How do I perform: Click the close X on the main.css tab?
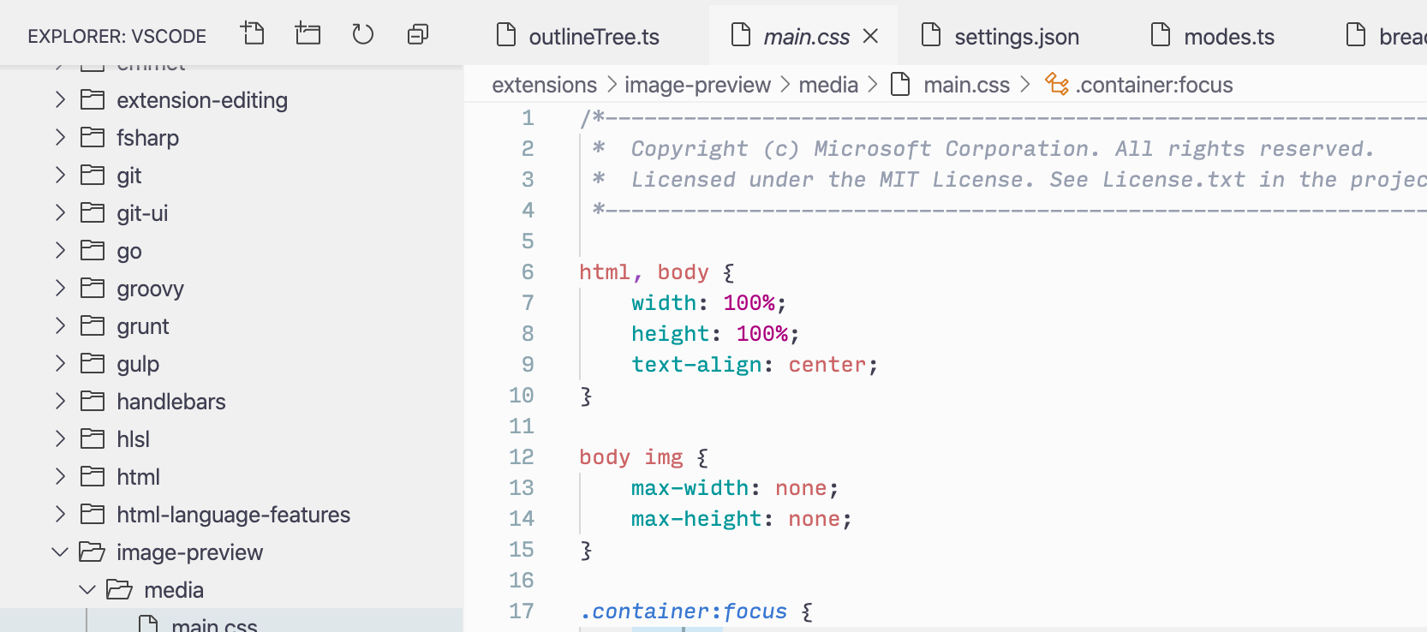[870, 36]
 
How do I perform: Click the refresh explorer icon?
[363, 34]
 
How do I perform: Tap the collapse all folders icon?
[418, 34]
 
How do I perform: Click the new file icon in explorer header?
[253, 34]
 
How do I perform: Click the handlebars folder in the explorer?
[170, 402]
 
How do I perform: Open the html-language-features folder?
[233, 515]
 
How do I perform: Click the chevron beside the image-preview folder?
[60, 552]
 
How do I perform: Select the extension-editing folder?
[201, 100]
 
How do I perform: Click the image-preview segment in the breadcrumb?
[697, 85]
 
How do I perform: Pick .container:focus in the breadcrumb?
[1154, 85]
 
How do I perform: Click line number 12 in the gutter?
[521, 457]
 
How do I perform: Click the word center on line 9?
[827, 365]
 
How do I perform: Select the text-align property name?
[696, 365]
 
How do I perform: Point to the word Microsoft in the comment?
[872, 149]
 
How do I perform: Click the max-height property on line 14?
[696, 519]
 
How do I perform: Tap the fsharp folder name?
[147, 138]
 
